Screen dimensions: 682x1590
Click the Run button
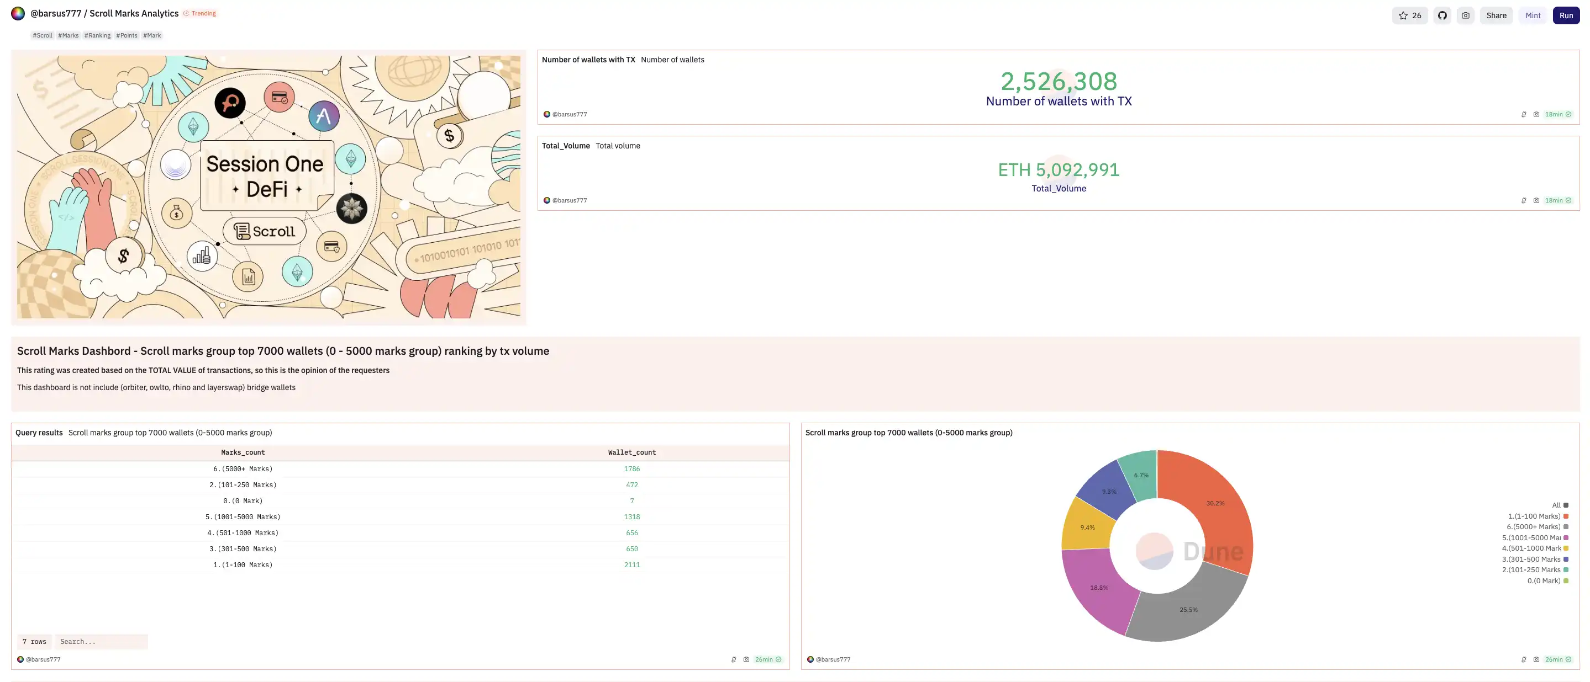click(1565, 15)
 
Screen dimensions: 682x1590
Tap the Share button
click(1496, 15)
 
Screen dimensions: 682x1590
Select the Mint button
click(1533, 15)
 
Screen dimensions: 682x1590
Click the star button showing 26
click(1409, 15)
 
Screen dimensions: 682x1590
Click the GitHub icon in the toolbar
click(1442, 15)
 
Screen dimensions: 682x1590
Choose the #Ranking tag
click(98, 35)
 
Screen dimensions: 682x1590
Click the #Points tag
click(127, 35)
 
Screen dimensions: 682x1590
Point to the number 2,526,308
click(1059, 81)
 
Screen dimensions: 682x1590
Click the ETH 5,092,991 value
click(1059, 169)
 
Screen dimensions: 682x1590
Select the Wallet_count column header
click(631, 452)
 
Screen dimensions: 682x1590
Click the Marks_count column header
click(243, 452)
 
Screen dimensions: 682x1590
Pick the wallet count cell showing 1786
click(631, 468)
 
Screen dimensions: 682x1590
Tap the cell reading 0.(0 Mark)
click(243, 500)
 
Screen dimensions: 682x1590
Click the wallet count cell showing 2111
click(631, 565)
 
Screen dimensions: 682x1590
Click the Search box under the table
click(101, 641)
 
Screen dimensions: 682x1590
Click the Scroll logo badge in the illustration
click(265, 231)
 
